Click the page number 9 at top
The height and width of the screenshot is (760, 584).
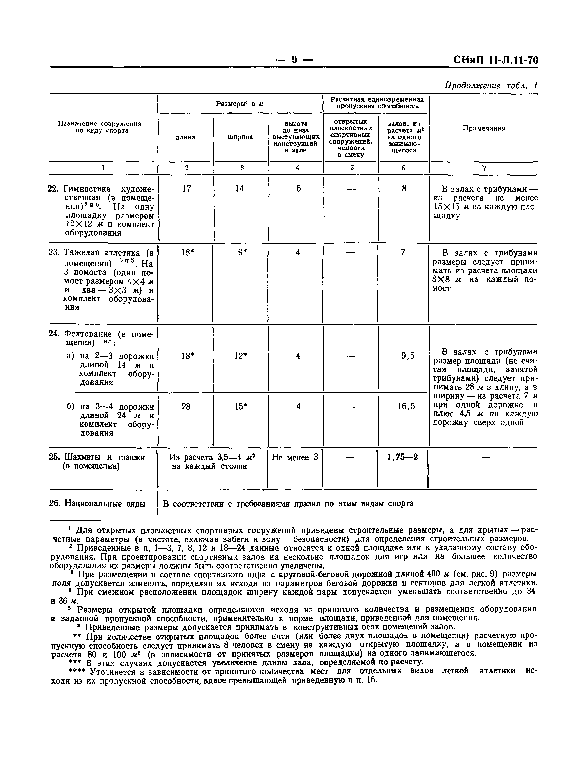click(294, 60)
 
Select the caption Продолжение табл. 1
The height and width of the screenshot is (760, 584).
click(491, 86)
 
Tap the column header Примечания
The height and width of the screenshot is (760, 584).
click(484, 128)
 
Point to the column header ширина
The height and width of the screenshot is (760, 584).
click(240, 137)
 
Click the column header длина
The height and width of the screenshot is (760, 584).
click(185, 137)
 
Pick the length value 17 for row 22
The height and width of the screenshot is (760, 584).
click(186, 189)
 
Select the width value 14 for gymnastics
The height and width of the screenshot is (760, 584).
click(239, 189)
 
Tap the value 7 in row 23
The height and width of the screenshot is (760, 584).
click(403, 252)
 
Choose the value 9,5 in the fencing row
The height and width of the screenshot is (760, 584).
click(407, 356)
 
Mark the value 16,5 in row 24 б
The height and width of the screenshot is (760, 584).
click(406, 406)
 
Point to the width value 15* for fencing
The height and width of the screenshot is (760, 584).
click(240, 406)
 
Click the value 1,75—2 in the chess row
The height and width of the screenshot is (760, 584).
click(402, 457)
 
